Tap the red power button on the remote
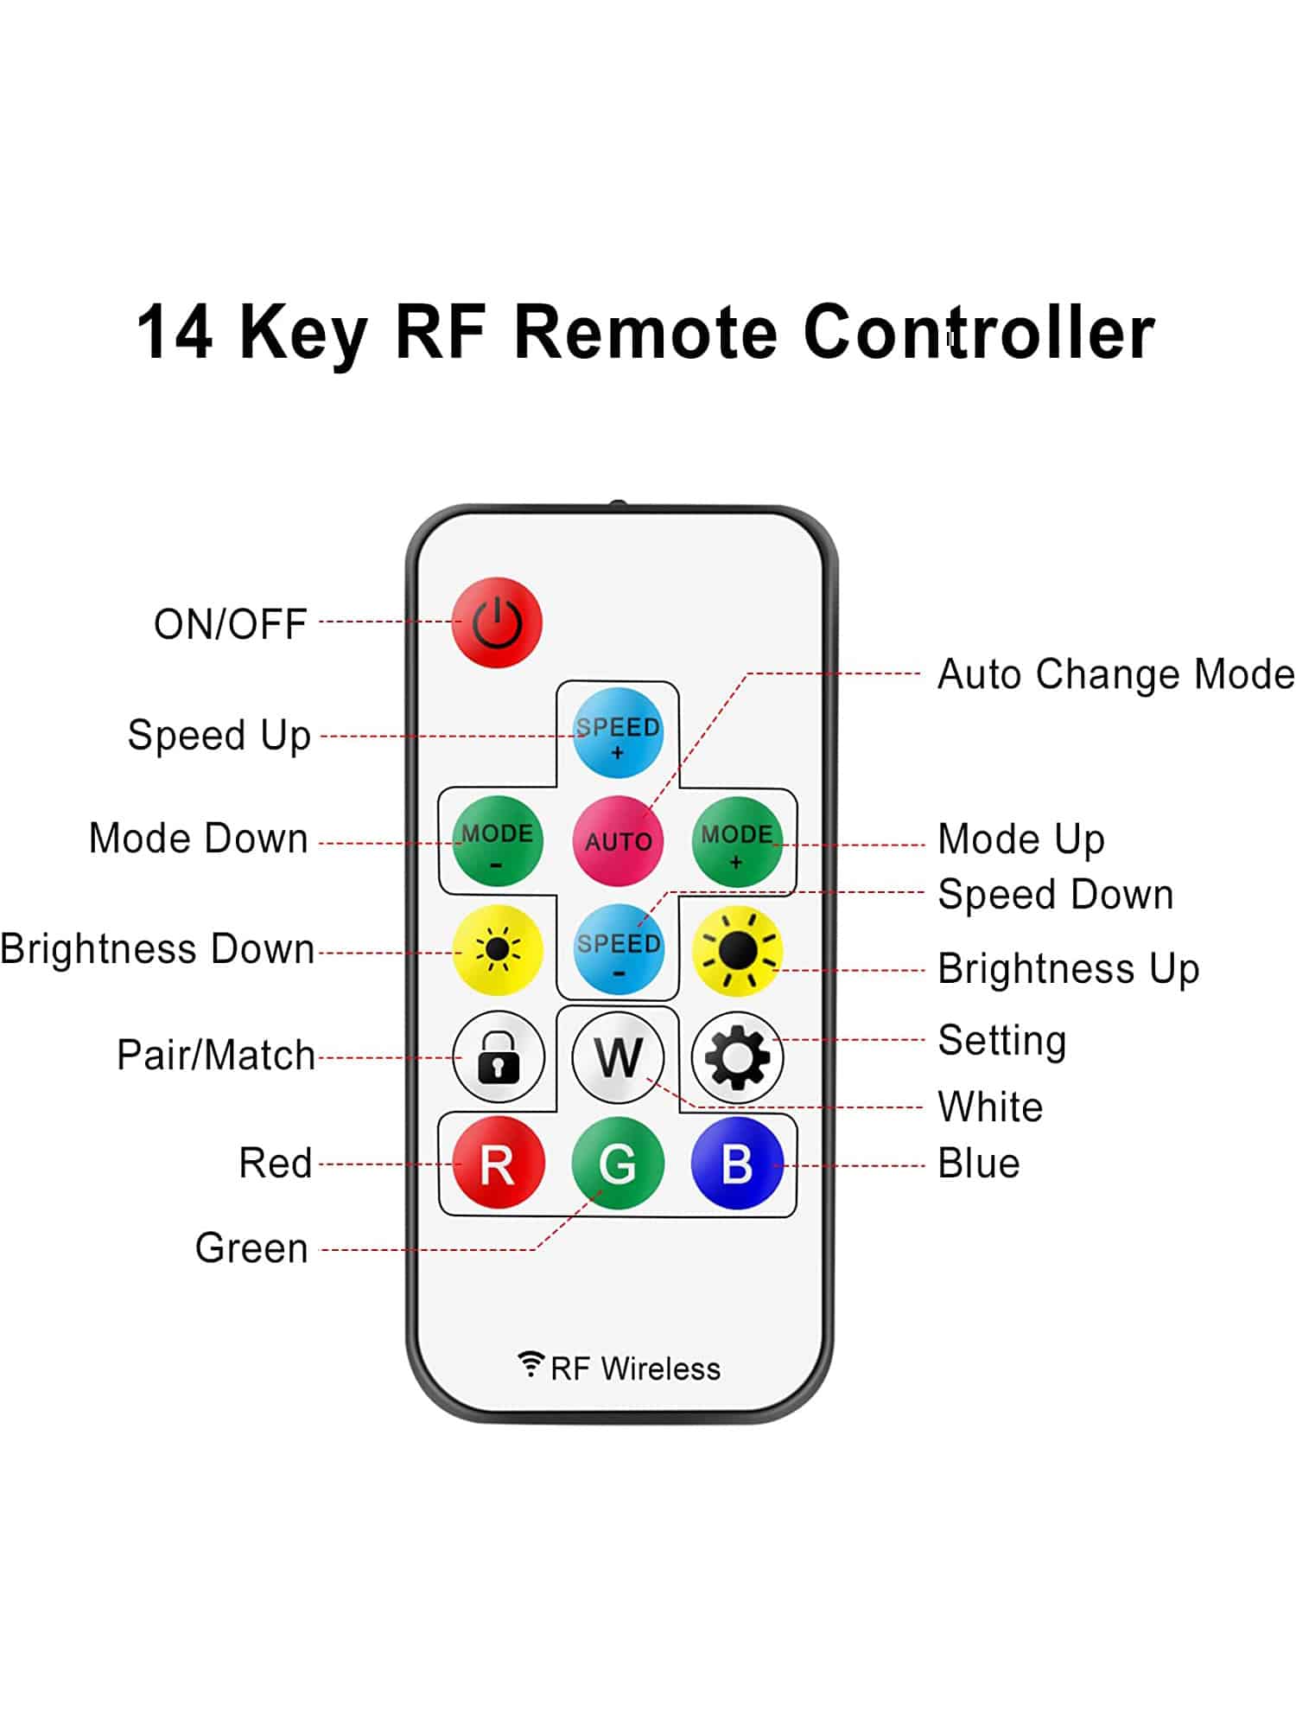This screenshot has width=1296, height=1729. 497,622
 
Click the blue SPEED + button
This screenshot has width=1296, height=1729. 618,733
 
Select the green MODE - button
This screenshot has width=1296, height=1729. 498,841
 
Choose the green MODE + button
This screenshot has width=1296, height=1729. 737,841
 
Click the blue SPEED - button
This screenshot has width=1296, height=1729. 618,950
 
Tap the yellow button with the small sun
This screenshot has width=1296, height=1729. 498,950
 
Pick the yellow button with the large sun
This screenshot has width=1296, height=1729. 737,950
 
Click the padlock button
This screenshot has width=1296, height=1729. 499,1056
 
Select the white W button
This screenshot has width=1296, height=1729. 618,1056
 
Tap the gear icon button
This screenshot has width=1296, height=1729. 737,1056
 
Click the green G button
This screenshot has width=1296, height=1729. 618,1164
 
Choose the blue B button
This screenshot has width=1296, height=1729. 737,1164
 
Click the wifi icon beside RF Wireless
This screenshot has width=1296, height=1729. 530,1363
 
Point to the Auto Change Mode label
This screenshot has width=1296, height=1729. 1115,674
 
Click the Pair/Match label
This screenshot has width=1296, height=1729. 216,1056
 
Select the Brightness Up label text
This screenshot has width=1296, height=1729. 1069,968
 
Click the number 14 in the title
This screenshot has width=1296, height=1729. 175,333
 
